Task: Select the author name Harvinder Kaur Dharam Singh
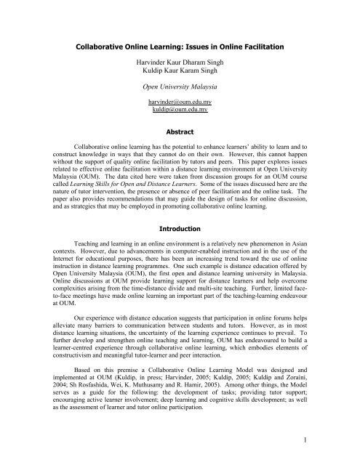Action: tap(180, 72)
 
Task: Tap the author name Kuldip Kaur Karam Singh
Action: tap(180, 82)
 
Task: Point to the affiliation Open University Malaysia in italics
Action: tap(180, 103)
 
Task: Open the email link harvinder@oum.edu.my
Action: tap(180, 124)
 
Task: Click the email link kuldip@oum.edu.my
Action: tap(180, 133)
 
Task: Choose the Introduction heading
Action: tap(180, 268)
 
